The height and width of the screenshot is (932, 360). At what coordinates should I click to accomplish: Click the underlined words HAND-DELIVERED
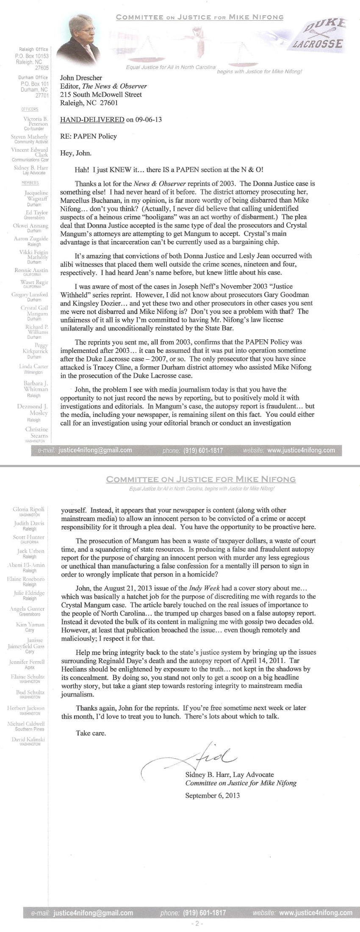(92, 119)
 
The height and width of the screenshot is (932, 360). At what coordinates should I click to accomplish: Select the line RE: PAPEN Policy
(89, 136)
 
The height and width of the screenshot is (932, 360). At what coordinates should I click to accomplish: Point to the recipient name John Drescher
(81, 78)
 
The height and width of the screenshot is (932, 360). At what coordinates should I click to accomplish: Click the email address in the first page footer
(95, 450)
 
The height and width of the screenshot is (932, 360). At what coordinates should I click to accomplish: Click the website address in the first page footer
(302, 450)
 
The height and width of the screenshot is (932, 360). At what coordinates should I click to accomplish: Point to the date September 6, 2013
(212, 796)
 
